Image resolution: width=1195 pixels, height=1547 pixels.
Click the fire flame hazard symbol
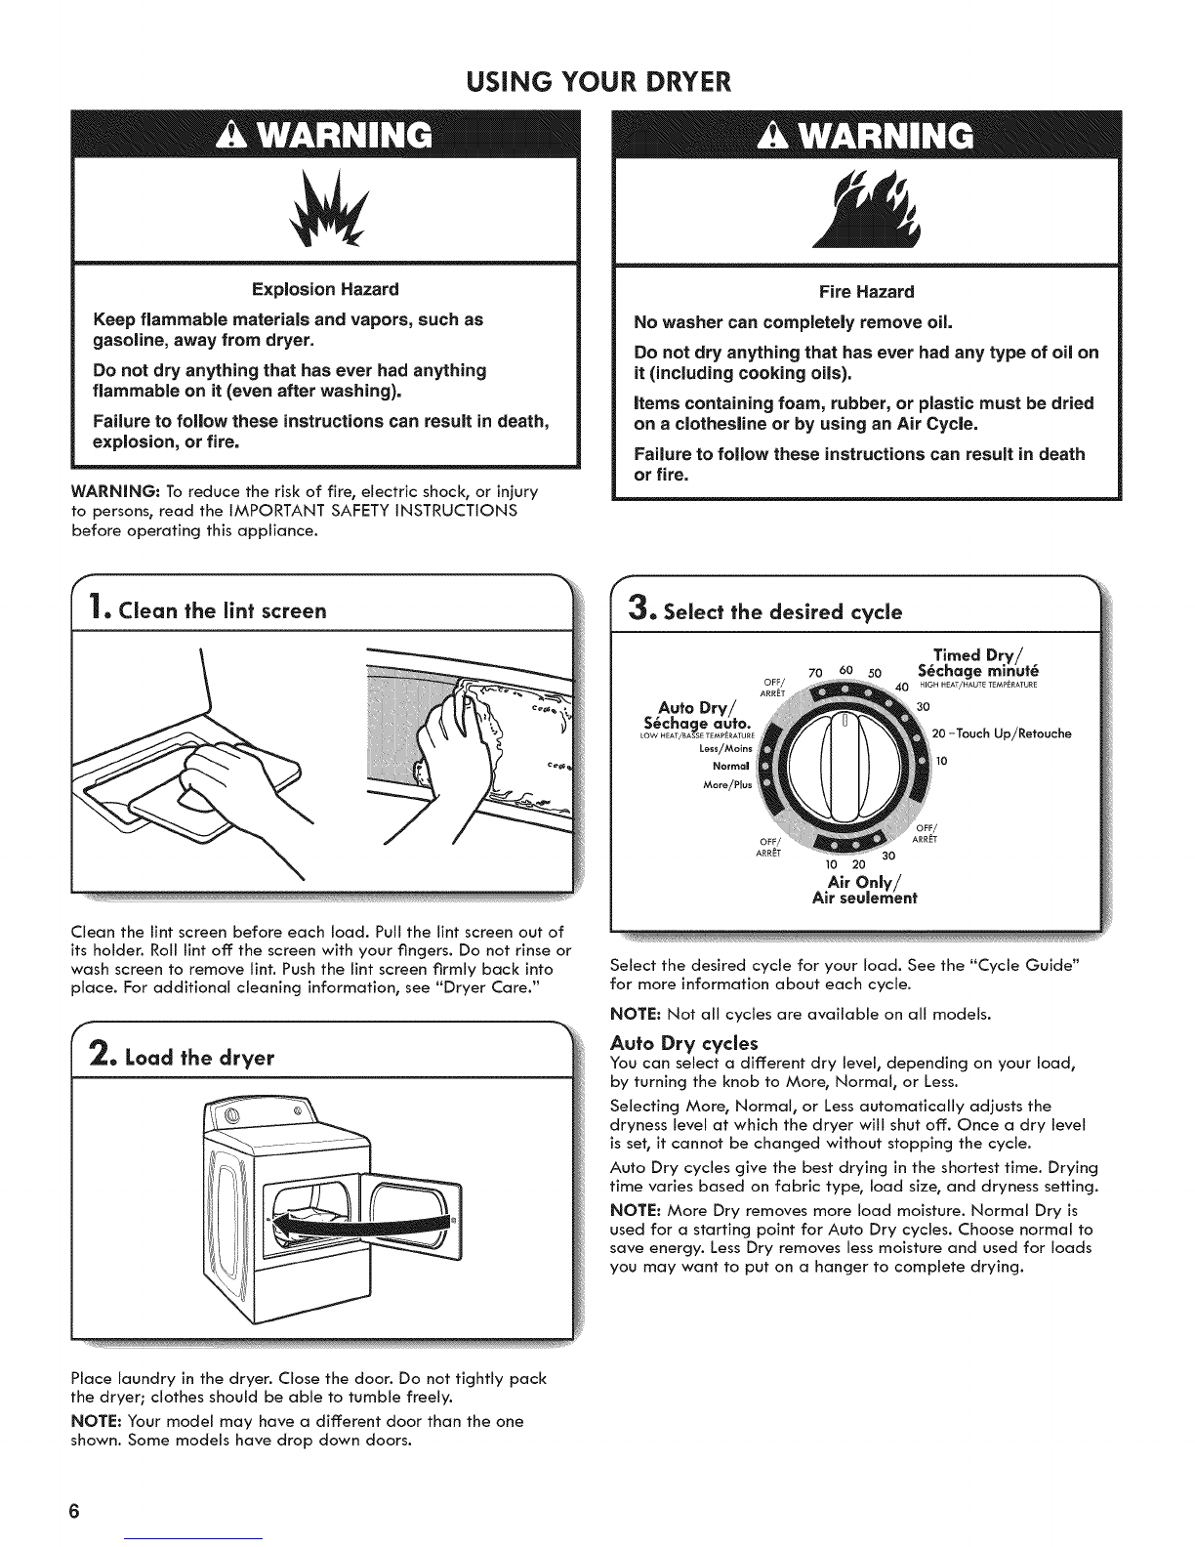(x=868, y=211)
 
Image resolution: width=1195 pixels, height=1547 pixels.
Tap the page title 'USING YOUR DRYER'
(x=598, y=82)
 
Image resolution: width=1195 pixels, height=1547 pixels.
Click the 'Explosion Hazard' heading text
(x=325, y=289)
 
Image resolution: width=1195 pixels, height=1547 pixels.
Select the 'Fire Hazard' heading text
(x=866, y=292)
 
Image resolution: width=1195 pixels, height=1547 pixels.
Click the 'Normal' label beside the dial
(x=731, y=766)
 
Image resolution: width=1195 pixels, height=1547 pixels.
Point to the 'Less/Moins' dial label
(x=726, y=748)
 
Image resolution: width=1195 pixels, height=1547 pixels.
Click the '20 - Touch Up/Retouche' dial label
(x=1002, y=733)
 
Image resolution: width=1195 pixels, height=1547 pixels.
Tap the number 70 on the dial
(x=815, y=674)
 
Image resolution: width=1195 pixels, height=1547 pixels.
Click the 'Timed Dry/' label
(x=978, y=655)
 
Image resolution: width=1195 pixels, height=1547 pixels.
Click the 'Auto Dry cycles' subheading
(x=684, y=1043)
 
